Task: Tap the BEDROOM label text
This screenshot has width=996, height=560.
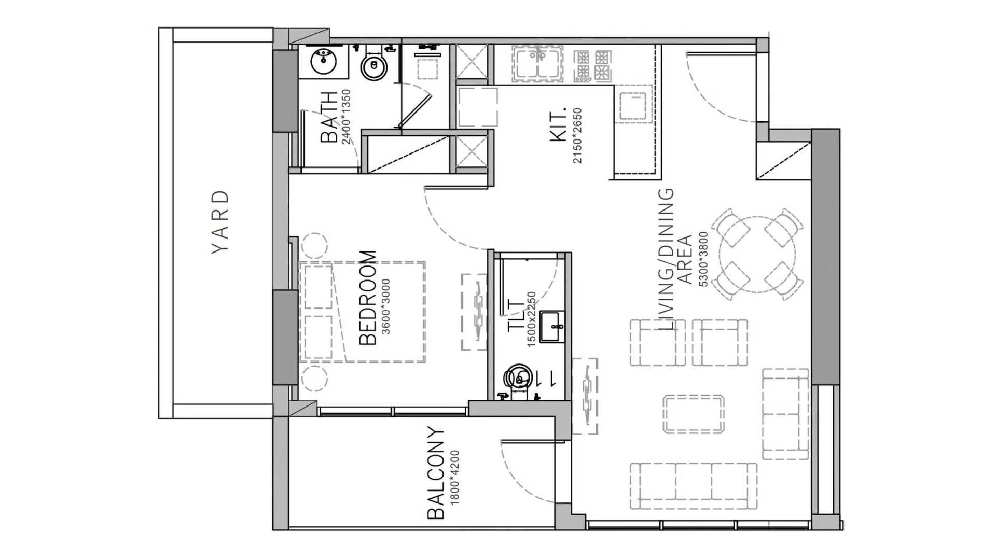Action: [368, 298]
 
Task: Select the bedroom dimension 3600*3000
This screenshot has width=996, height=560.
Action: [385, 306]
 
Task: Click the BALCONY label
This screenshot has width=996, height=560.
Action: [436, 473]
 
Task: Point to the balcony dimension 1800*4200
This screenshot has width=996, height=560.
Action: [455, 478]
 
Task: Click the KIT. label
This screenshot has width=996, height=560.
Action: [558, 125]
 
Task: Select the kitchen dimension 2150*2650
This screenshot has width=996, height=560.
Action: [577, 136]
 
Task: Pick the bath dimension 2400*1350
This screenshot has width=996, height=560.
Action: [346, 117]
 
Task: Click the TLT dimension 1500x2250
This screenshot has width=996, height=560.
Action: [531, 319]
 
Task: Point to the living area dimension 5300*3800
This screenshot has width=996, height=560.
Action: [703, 259]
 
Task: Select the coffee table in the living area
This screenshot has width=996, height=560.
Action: [694, 414]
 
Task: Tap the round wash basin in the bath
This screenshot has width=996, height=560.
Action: [324, 62]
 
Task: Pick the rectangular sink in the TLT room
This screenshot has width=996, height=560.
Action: [552, 327]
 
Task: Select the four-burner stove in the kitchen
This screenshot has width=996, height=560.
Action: [592, 65]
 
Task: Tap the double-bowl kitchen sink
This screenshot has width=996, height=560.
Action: [538, 64]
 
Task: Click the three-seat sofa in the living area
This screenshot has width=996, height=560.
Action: [694, 486]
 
